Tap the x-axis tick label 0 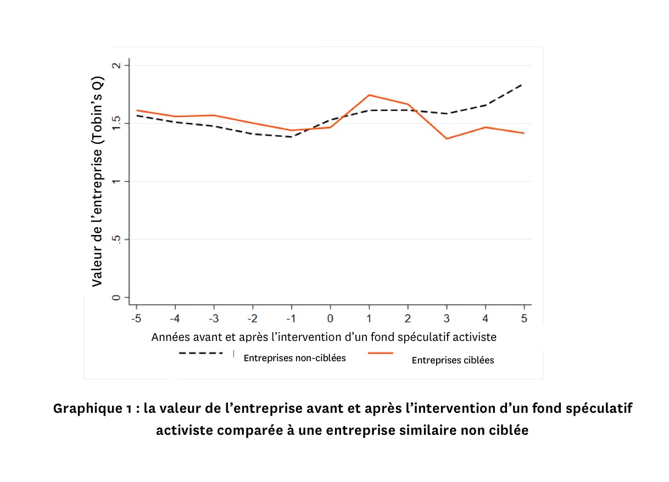[330, 319]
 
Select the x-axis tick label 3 [447, 319]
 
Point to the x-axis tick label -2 [252, 319]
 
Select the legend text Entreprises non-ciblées [294, 358]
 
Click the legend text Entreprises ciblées [453, 360]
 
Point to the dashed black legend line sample [200, 354]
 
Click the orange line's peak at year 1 [369, 95]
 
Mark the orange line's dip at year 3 [447, 138]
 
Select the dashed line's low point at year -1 [291, 137]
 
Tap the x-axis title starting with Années [324, 337]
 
